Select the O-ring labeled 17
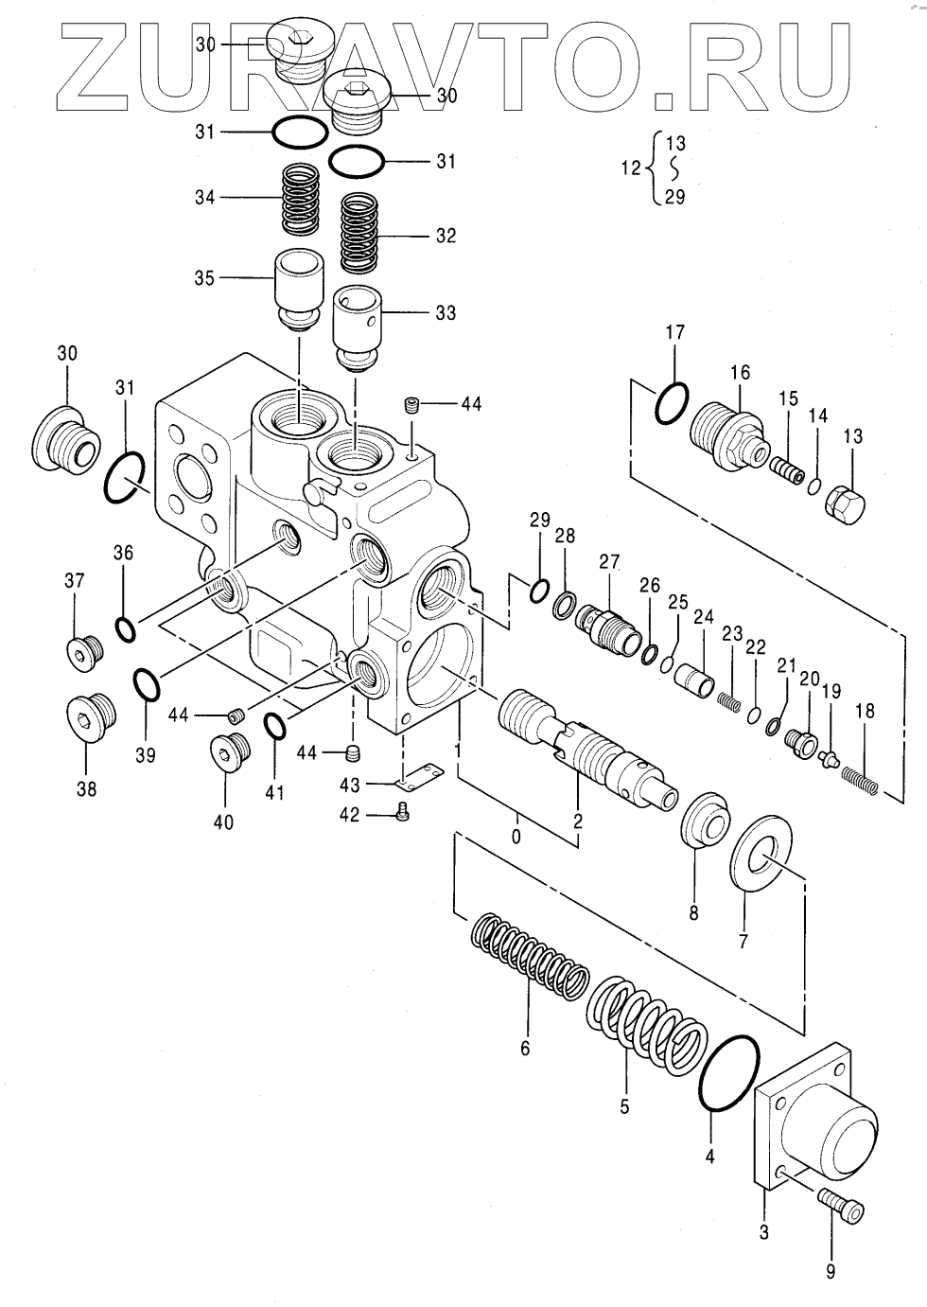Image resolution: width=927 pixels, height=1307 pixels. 673,403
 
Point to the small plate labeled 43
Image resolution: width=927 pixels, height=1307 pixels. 419,777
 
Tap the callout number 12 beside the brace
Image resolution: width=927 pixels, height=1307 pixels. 631,168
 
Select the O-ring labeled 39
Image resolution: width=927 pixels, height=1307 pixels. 146,684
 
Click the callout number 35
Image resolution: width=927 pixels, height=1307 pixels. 204,278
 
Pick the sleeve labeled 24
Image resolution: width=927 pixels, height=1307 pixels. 695,680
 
